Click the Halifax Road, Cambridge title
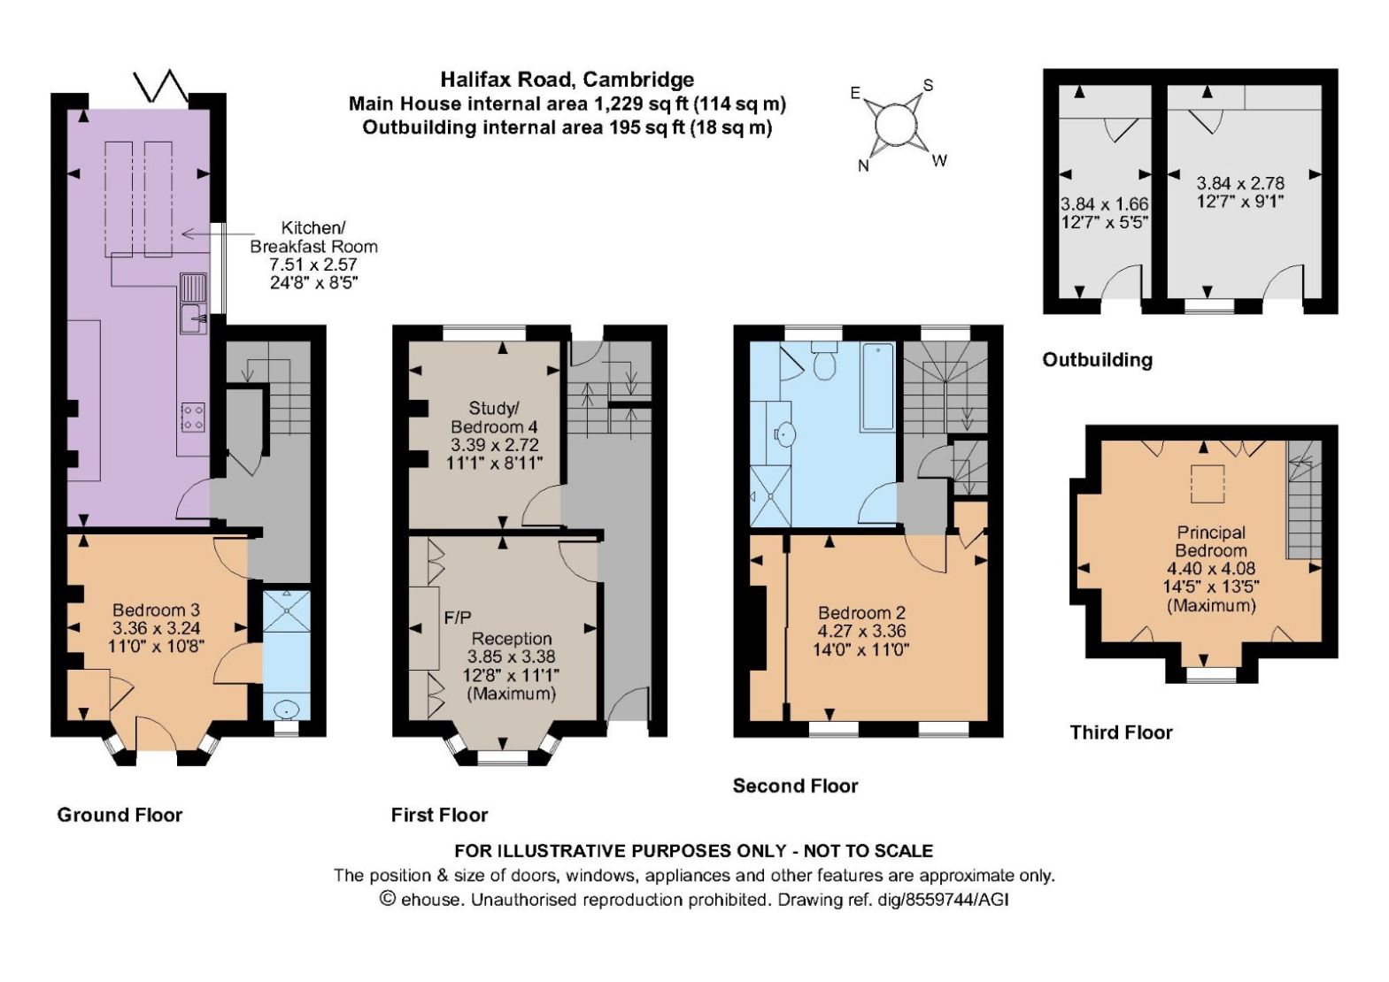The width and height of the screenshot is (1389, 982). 567,80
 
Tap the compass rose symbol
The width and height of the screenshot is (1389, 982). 896,126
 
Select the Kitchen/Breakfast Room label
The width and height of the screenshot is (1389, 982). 313,237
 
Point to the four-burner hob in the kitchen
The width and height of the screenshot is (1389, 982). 194,417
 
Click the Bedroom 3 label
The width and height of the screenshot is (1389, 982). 156,610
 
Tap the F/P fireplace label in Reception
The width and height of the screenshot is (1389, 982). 458,618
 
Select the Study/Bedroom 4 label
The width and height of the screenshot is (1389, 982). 494,417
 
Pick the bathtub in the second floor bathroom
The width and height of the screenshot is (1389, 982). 877,387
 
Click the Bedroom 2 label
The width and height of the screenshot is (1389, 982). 862,613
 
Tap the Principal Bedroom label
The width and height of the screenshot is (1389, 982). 1211,541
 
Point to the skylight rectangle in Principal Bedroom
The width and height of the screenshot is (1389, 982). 1208,485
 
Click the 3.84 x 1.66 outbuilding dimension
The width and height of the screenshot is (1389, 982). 1104,203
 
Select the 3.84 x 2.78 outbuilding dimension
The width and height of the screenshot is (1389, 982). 1240,183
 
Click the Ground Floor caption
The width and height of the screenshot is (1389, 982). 120,814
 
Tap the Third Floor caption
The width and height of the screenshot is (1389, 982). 1121,733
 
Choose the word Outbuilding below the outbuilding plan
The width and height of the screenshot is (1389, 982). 1098,359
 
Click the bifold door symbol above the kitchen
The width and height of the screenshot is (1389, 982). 160,86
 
